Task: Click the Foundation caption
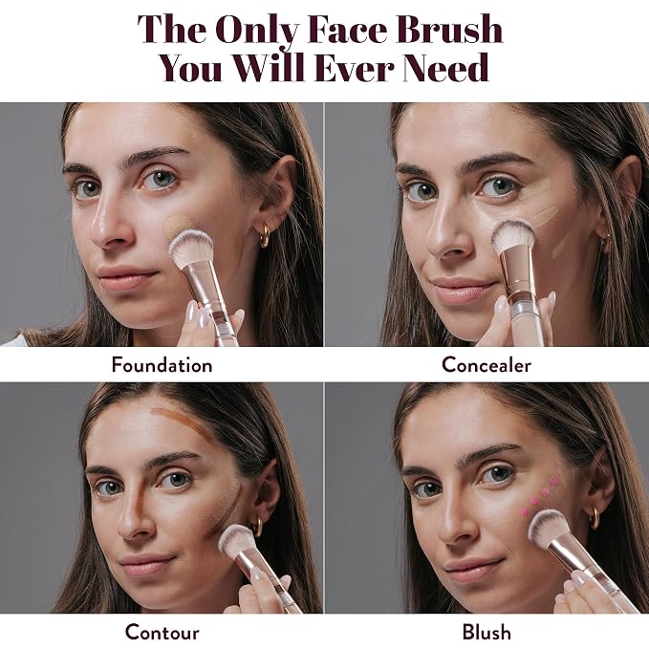coord(162,365)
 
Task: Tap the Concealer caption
coord(487,365)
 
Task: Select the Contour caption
coord(162,632)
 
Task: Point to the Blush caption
coord(487,632)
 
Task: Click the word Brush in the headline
coord(449,29)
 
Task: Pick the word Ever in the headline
coord(354,67)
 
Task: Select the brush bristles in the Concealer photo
coord(513,236)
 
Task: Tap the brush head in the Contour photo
coord(238,541)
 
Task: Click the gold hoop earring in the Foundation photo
coord(265,235)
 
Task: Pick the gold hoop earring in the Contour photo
coord(257,526)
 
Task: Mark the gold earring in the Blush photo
coord(595,518)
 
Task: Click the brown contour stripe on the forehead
coord(183,422)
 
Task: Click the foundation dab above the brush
coord(179,225)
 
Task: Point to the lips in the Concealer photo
coord(464,289)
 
